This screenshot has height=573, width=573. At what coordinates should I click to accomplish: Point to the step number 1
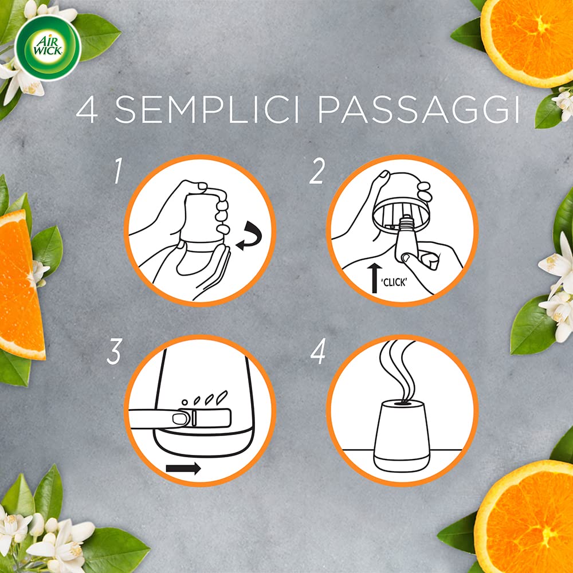[x=117, y=172]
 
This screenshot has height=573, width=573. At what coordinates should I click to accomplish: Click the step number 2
[x=317, y=172]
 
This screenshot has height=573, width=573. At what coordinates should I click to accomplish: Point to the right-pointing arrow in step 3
[x=183, y=468]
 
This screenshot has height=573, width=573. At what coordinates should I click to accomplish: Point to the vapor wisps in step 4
[x=401, y=367]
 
